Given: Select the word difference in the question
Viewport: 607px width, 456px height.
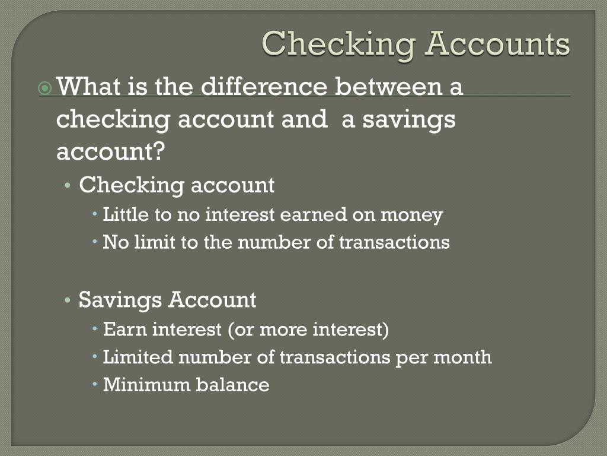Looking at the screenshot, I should (264, 87).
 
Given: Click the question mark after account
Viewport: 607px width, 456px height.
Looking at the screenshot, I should (157, 153).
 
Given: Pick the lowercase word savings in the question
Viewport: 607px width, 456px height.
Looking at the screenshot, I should (408, 119).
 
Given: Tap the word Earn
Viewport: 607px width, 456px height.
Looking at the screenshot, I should (125, 329).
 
